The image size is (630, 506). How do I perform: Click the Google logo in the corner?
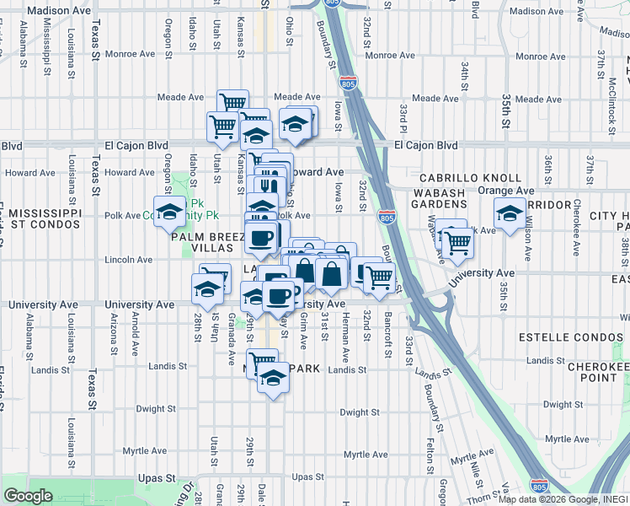point(29,496)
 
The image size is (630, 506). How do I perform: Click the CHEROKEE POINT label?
point(598,372)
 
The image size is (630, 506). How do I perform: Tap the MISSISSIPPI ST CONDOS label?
point(40,218)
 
